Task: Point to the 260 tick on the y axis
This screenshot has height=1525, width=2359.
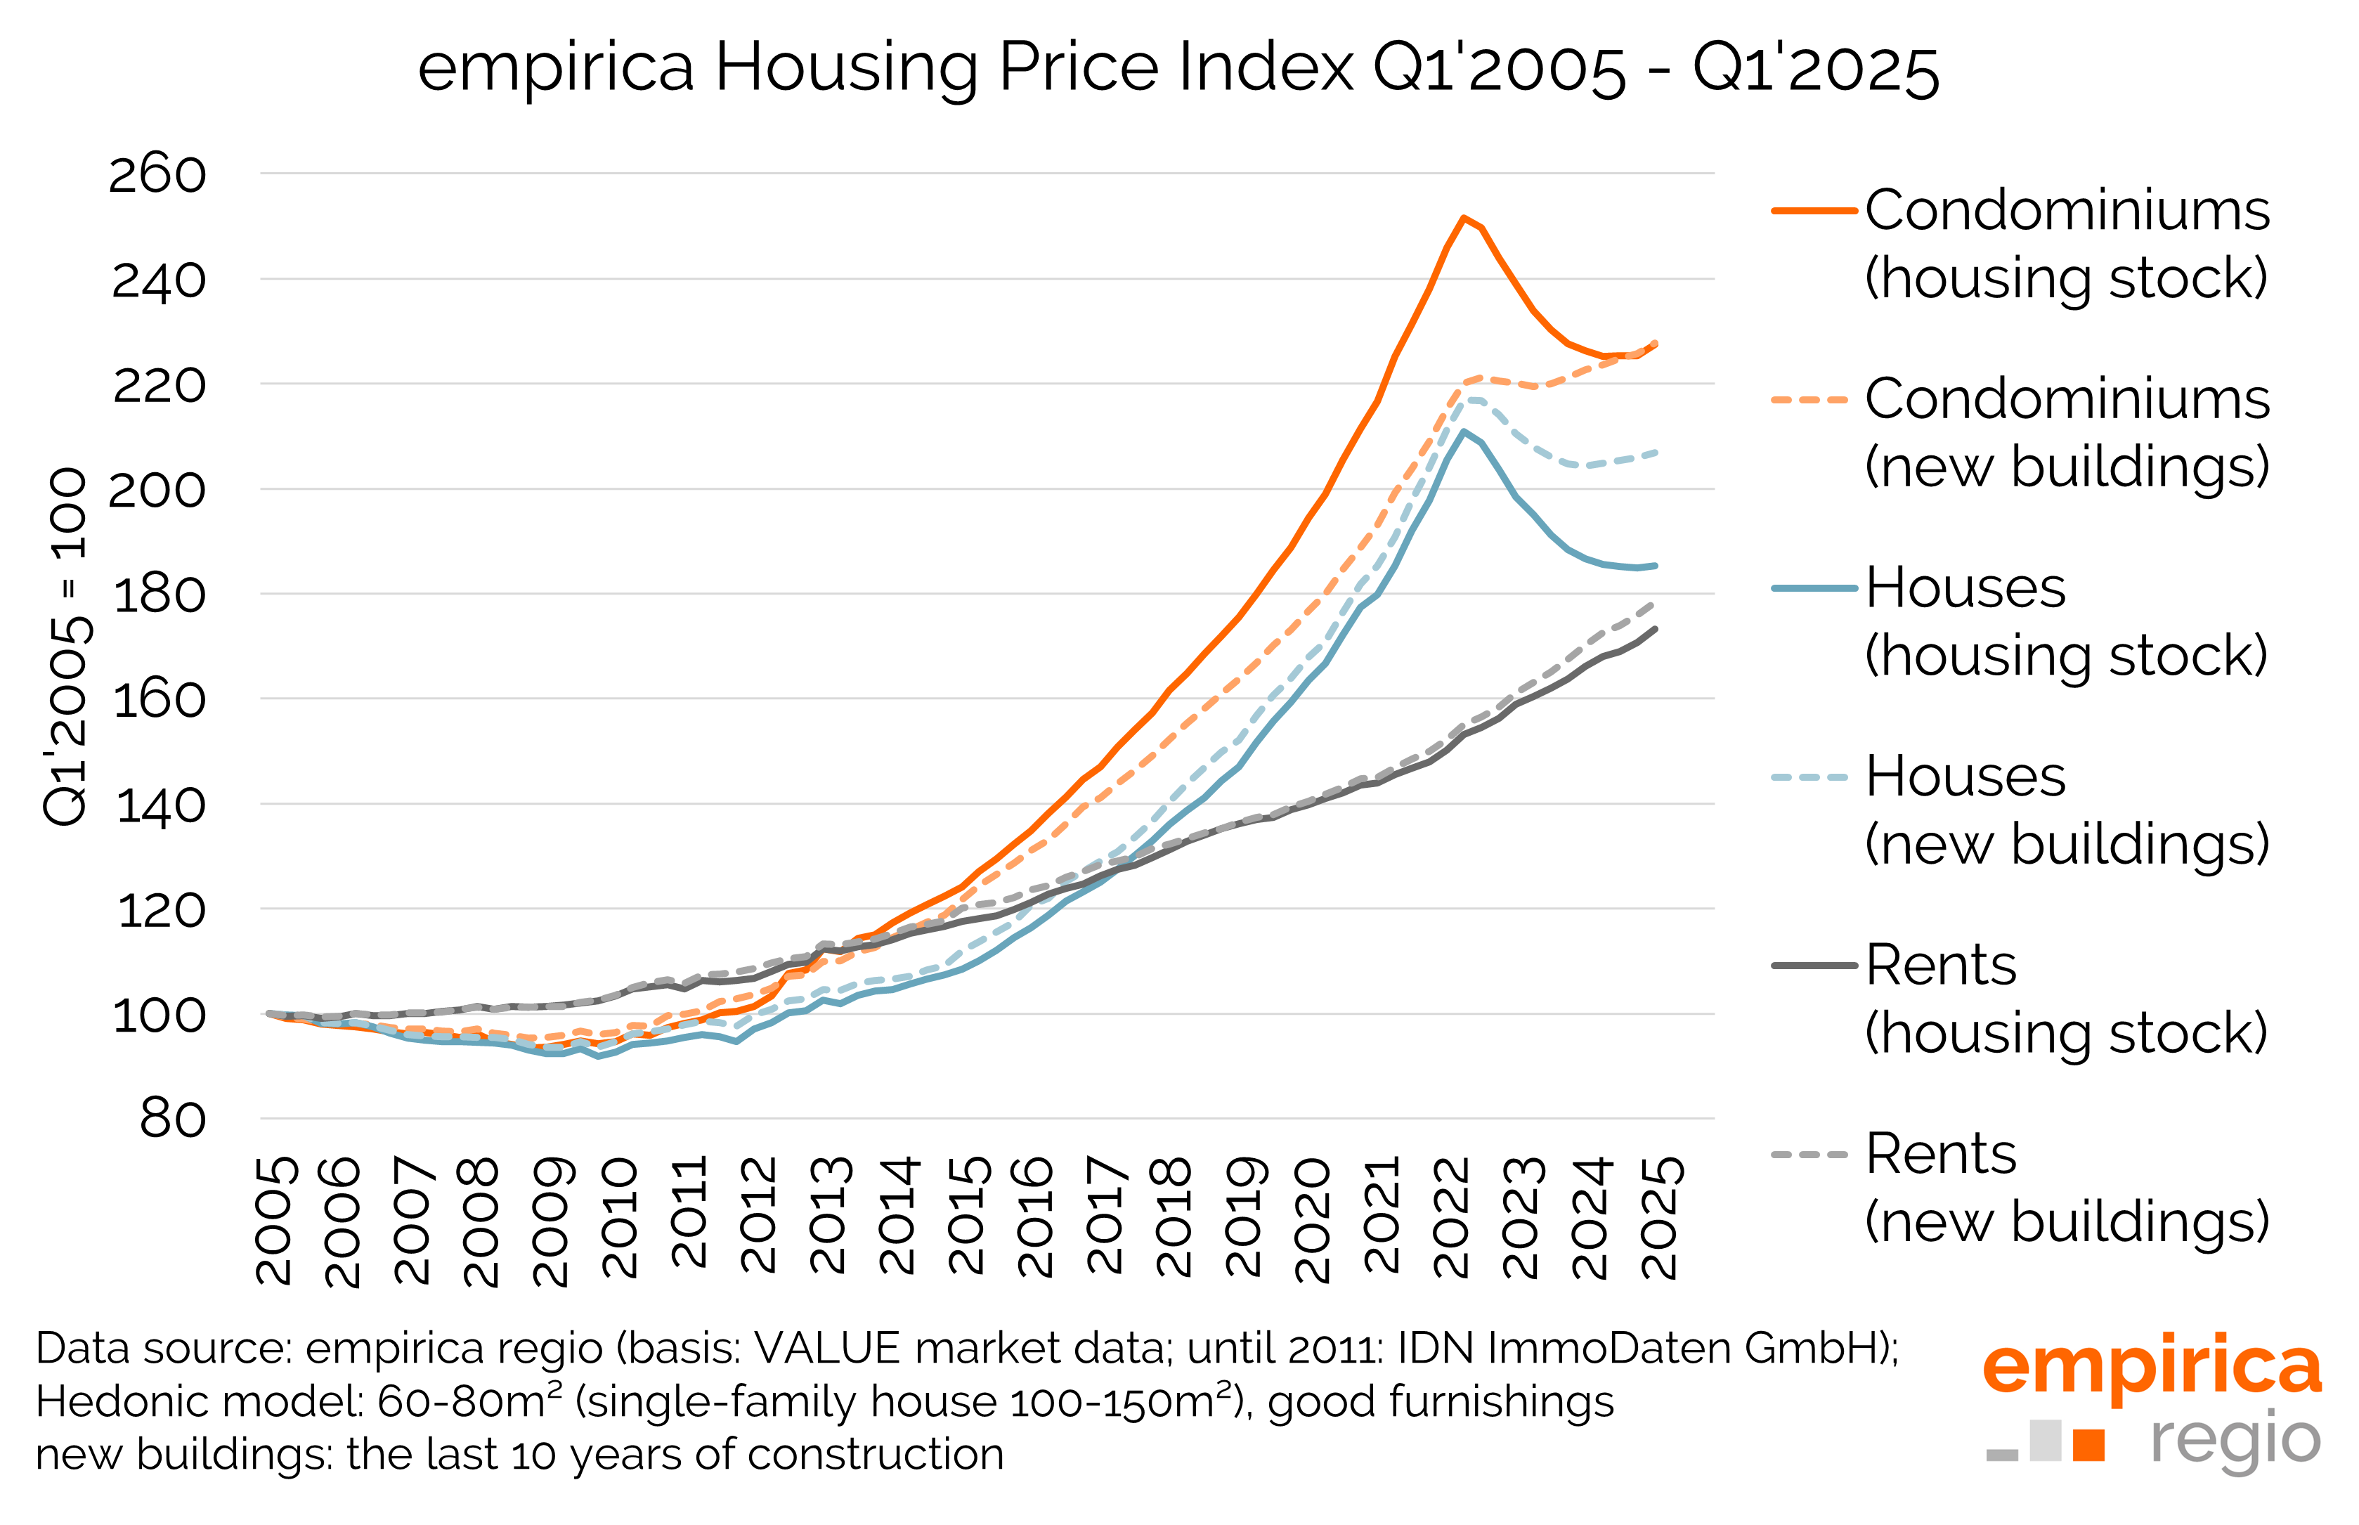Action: [x=157, y=174]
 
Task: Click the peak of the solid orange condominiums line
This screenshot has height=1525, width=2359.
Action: [x=1463, y=218]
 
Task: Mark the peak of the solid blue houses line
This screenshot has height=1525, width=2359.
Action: [x=1463, y=431]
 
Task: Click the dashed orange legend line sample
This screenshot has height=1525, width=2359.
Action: [x=1809, y=400]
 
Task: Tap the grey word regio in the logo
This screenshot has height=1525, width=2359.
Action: [x=2235, y=1441]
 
